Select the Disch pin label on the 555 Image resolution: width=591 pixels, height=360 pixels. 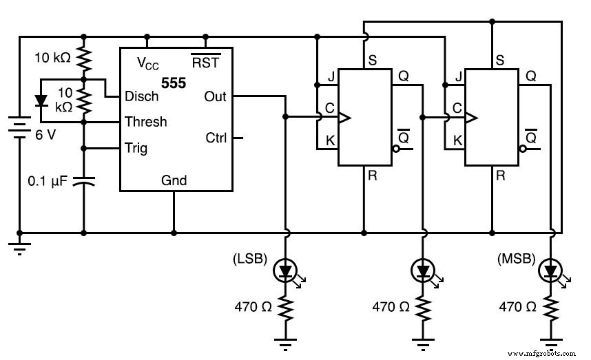click(141, 96)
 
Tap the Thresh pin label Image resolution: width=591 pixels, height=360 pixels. click(145, 122)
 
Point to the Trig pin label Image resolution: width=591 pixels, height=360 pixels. click(136, 147)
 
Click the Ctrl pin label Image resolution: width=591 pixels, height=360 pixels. click(216, 138)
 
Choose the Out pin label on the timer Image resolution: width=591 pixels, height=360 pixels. click(216, 96)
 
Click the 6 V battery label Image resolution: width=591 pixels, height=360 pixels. click(45, 135)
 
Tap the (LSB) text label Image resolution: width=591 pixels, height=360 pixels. click(250, 260)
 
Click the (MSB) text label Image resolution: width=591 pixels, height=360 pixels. click(515, 260)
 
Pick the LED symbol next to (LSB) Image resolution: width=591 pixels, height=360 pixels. click(286, 271)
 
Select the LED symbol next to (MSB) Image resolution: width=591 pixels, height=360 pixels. click(551, 271)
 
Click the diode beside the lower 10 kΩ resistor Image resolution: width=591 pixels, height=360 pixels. click(41, 100)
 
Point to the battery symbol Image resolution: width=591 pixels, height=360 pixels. click(18, 128)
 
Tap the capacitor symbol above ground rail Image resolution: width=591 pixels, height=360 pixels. click(84, 181)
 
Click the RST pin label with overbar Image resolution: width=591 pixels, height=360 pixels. click(205, 63)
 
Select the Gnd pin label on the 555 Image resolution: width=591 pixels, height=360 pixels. click(174, 180)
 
